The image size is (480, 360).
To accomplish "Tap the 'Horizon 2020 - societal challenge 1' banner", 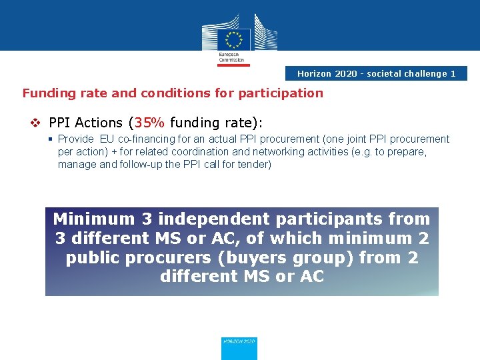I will pos(376,73).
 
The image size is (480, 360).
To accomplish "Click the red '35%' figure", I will pos(150,123).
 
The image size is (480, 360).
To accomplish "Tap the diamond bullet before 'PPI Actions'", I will pos(37,123).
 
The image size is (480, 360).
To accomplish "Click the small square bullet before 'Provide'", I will pos(51,139).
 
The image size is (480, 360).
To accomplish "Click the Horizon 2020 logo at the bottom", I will pos(239,347).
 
